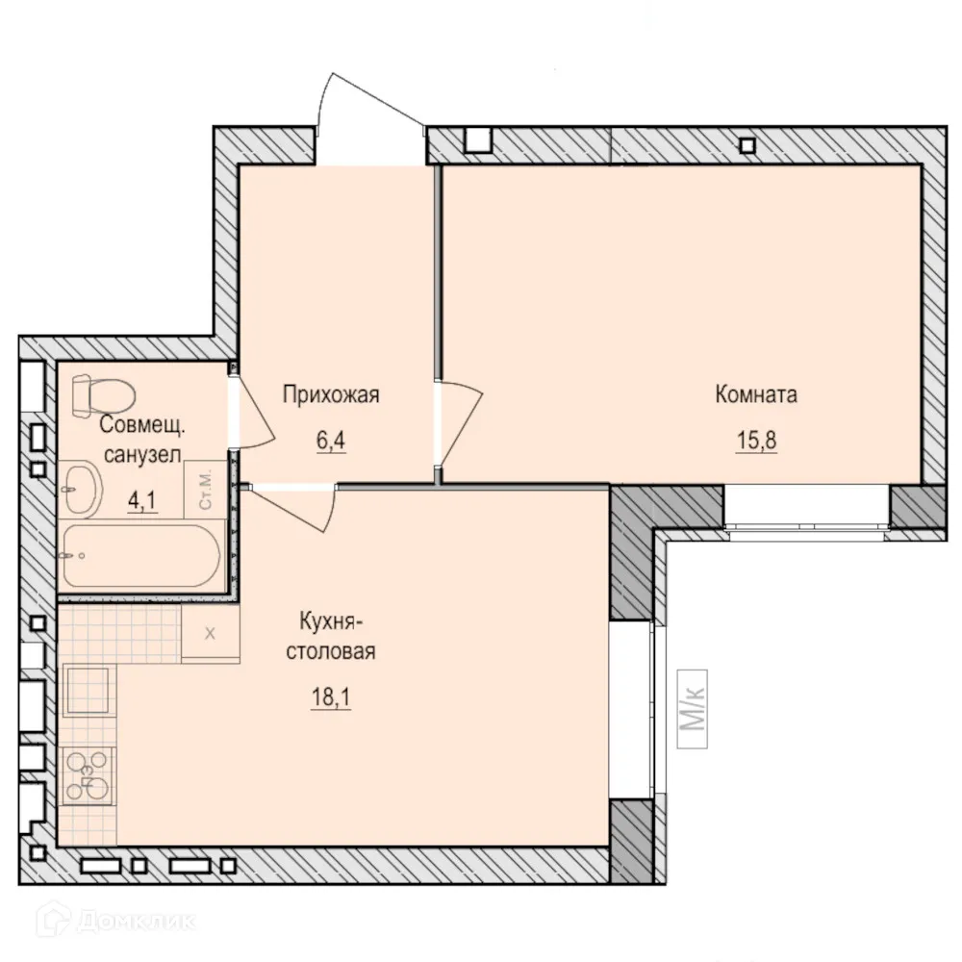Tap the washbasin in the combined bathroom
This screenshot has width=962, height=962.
(x=81, y=489)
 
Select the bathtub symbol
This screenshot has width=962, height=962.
(x=140, y=556)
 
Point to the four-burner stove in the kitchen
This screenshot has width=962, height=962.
(x=89, y=776)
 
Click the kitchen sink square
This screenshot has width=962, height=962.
(x=89, y=690)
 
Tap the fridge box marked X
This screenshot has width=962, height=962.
(x=210, y=633)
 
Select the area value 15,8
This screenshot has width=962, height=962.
(x=756, y=441)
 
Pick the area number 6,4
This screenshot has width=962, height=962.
(x=331, y=441)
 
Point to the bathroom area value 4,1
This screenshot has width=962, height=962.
(x=141, y=501)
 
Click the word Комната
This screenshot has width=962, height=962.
(x=756, y=394)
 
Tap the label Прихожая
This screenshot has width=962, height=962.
(x=331, y=394)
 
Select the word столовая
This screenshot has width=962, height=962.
(x=331, y=651)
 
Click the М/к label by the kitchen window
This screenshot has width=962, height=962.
(x=692, y=709)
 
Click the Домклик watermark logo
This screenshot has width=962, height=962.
(x=116, y=921)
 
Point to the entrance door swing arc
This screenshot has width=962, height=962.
(x=374, y=98)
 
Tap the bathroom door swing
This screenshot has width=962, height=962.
(x=255, y=411)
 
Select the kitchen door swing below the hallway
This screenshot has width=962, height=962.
(x=294, y=509)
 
